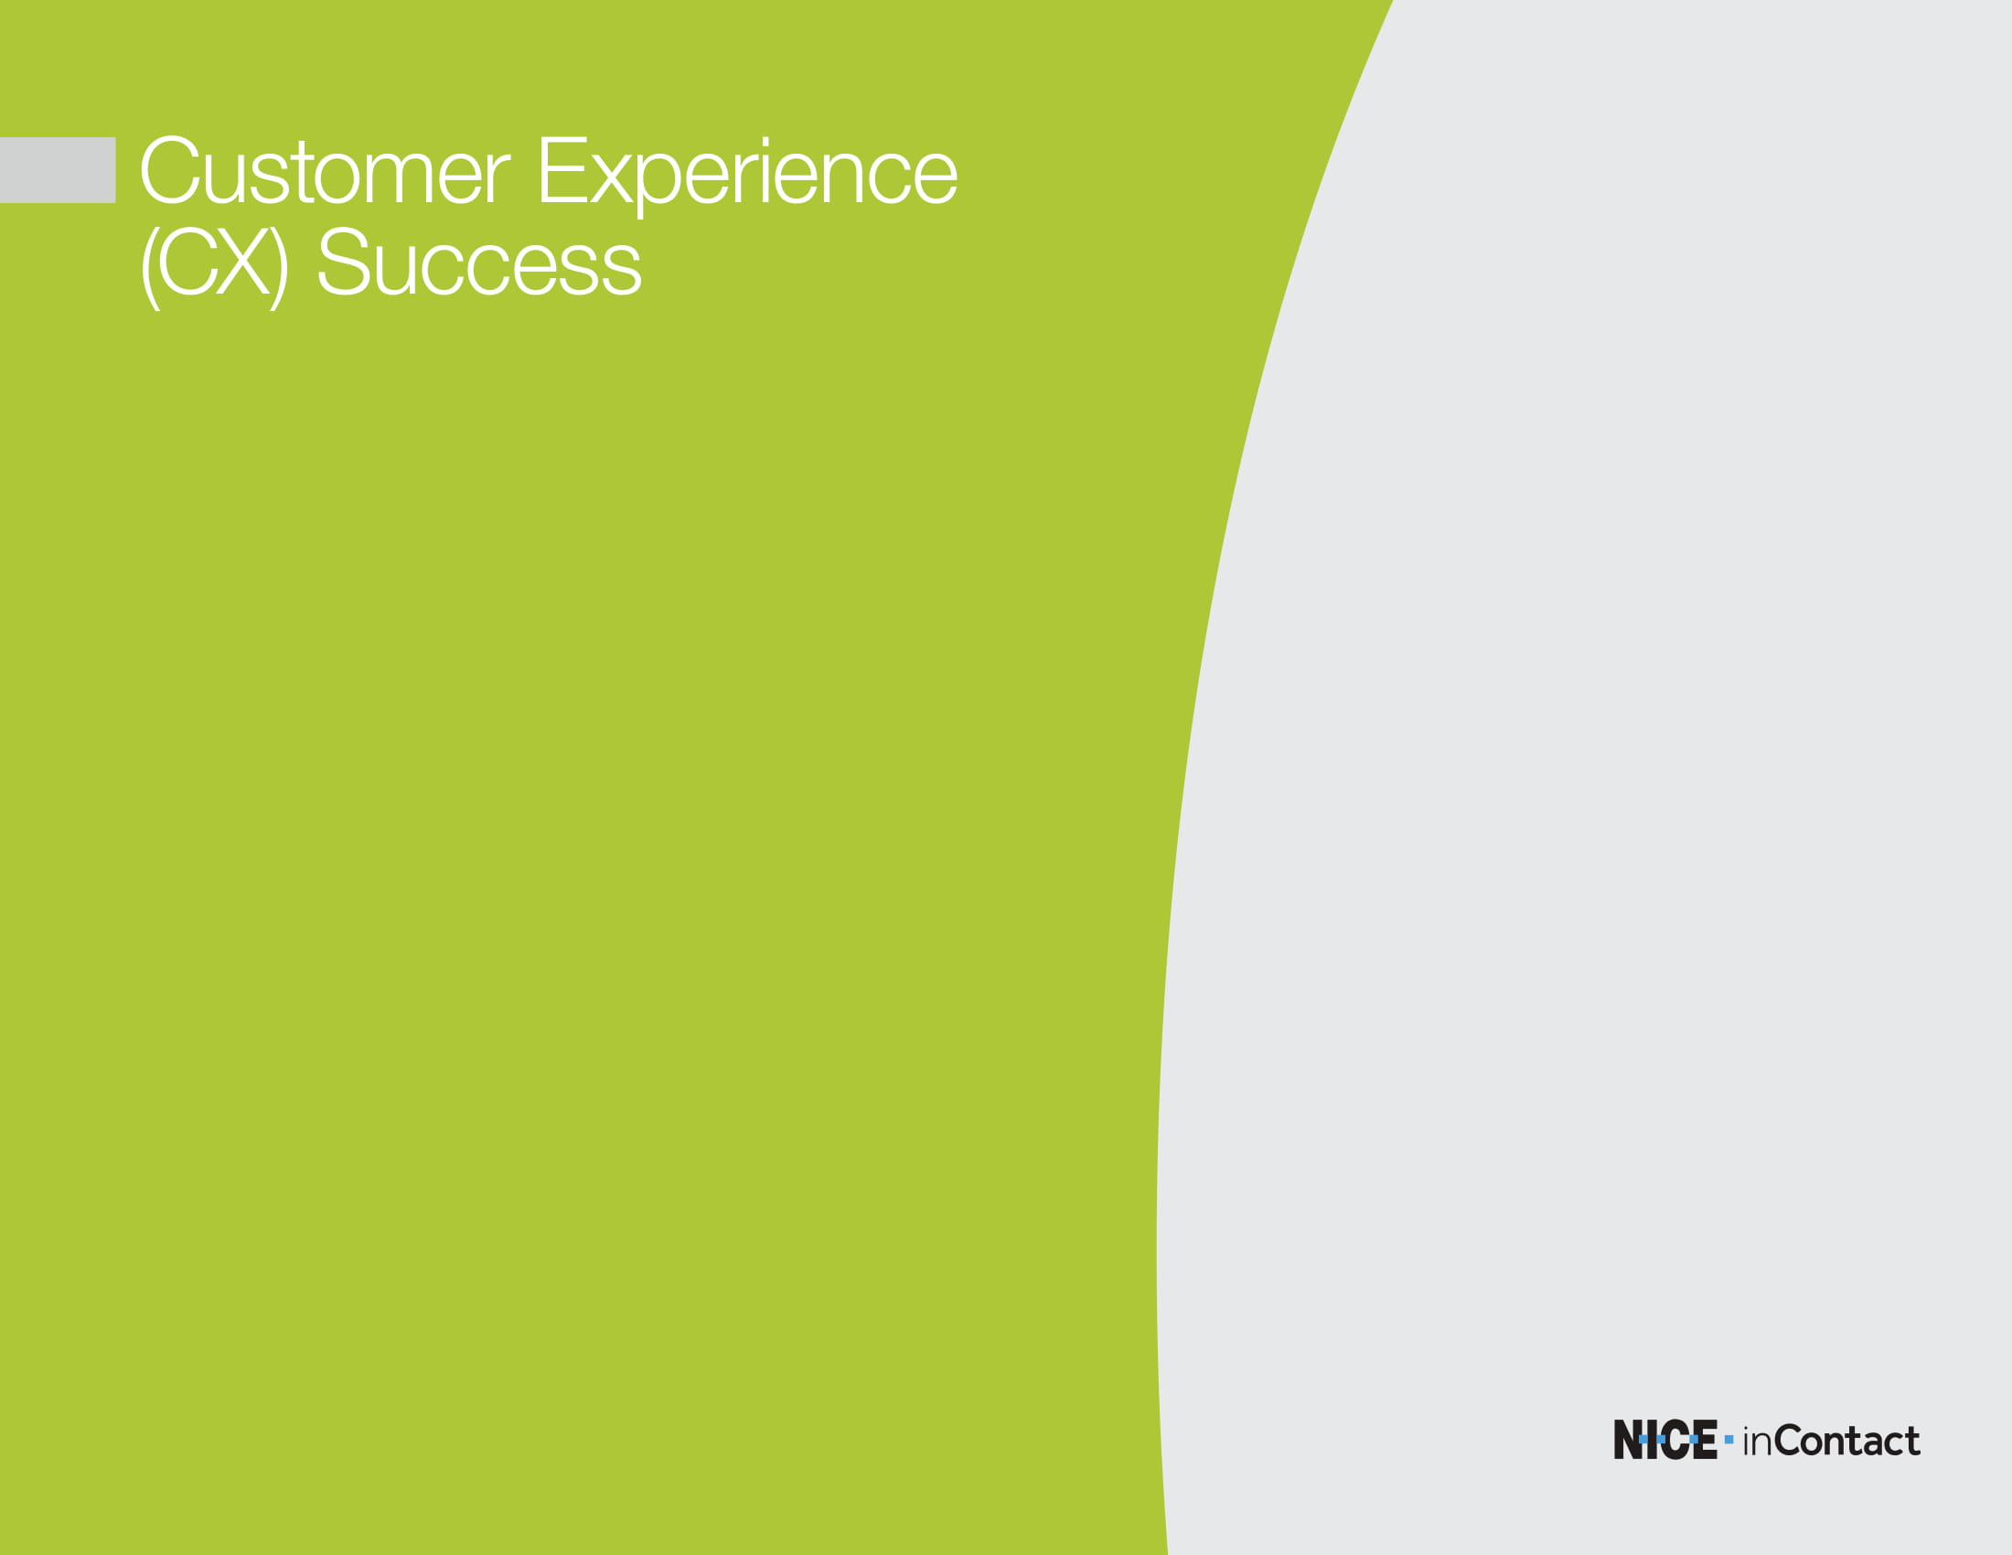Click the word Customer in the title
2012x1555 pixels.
click(325, 170)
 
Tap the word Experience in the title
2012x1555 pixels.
click(748, 175)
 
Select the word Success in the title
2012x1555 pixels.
click(479, 263)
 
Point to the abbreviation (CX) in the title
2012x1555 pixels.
click(215, 267)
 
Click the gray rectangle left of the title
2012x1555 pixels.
click(57, 169)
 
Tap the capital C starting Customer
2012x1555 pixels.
click(170, 170)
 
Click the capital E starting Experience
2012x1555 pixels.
click(562, 169)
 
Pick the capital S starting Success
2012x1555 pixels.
click(344, 263)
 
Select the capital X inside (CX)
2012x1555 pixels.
click(243, 263)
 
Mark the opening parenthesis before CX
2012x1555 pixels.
click(149, 268)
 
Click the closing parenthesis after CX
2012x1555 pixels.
click(279, 268)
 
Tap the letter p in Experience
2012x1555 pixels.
click(659, 186)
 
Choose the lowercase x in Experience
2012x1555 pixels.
click(612, 178)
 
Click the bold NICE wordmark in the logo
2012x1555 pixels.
click(1664, 1440)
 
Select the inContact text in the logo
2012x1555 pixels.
click(1832, 1441)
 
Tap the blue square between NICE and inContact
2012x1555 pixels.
click(1729, 1439)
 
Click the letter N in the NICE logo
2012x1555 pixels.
click(1629, 1440)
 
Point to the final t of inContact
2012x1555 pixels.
click(1912, 1442)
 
